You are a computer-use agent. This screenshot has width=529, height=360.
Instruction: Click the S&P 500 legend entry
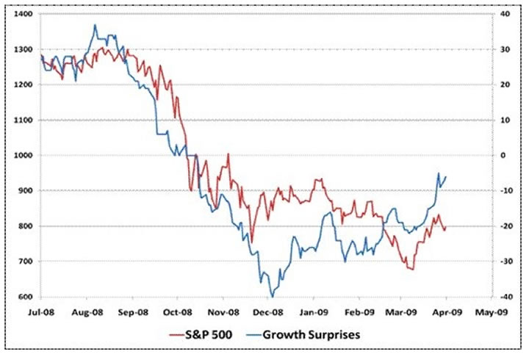click(x=212, y=335)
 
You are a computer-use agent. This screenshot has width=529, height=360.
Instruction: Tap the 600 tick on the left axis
click(x=24, y=297)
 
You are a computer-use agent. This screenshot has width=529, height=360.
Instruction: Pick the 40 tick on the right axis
click(x=504, y=14)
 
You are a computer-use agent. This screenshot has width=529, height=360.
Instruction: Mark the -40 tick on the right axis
click(x=504, y=297)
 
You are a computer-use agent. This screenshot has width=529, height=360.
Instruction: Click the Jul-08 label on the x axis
click(x=41, y=311)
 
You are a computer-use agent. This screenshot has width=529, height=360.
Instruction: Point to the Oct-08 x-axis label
click(x=177, y=311)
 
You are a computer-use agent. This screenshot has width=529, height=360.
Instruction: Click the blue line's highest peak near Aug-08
click(x=95, y=25)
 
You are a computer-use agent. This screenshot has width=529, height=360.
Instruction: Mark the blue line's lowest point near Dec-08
click(x=273, y=296)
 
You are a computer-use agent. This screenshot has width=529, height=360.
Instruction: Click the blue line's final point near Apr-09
click(x=446, y=176)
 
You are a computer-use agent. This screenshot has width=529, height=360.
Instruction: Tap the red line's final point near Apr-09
click(x=445, y=228)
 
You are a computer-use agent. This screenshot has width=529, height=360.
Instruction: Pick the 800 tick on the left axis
click(x=24, y=226)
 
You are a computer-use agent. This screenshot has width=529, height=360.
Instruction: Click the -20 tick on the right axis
click(x=504, y=226)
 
